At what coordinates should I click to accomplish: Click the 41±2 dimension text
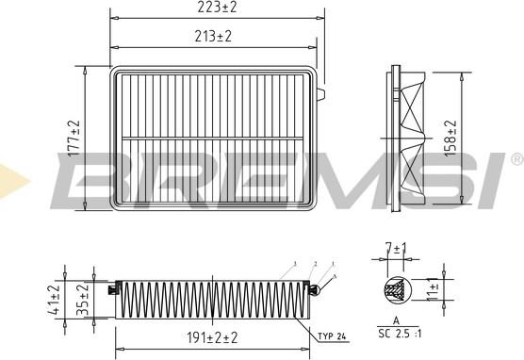55,299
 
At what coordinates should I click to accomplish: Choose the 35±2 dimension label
82,299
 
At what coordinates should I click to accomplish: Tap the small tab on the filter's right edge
323,95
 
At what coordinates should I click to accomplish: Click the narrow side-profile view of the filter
410,137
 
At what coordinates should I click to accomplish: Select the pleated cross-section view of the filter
211,300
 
